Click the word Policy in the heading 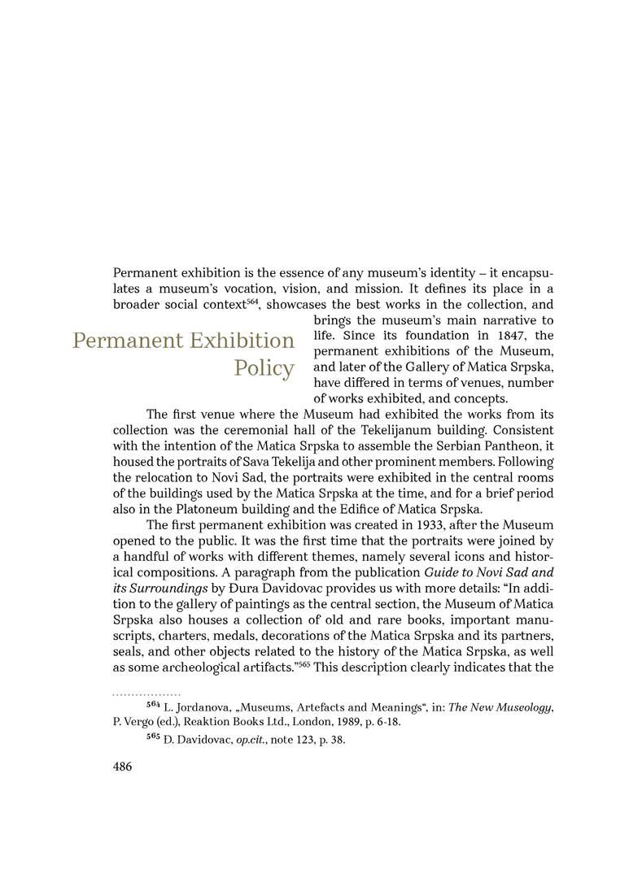pos(264,368)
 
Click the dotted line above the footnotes pos(146,694)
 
